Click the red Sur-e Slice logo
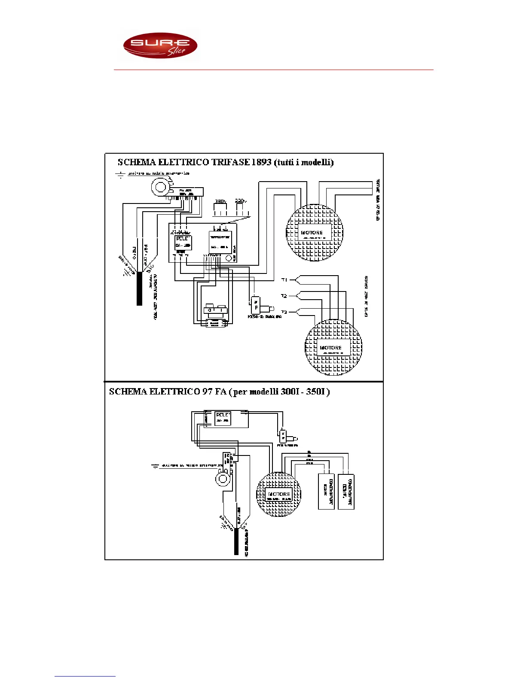pos(160,46)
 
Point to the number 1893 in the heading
pos(262,162)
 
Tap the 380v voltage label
pos(220,201)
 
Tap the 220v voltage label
pos(241,201)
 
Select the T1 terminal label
pos(284,280)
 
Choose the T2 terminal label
pos(284,296)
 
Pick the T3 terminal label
pos(284,312)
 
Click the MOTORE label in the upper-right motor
pos(312,233)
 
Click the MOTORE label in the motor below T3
pos(330,348)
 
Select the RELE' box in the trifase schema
pos(183,243)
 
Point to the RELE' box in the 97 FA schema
pos(223,418)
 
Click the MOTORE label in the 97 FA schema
pos(279,494)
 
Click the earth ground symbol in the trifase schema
pos(120,174)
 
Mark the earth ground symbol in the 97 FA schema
pos(155,466)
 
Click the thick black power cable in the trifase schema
pos(139,288)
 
